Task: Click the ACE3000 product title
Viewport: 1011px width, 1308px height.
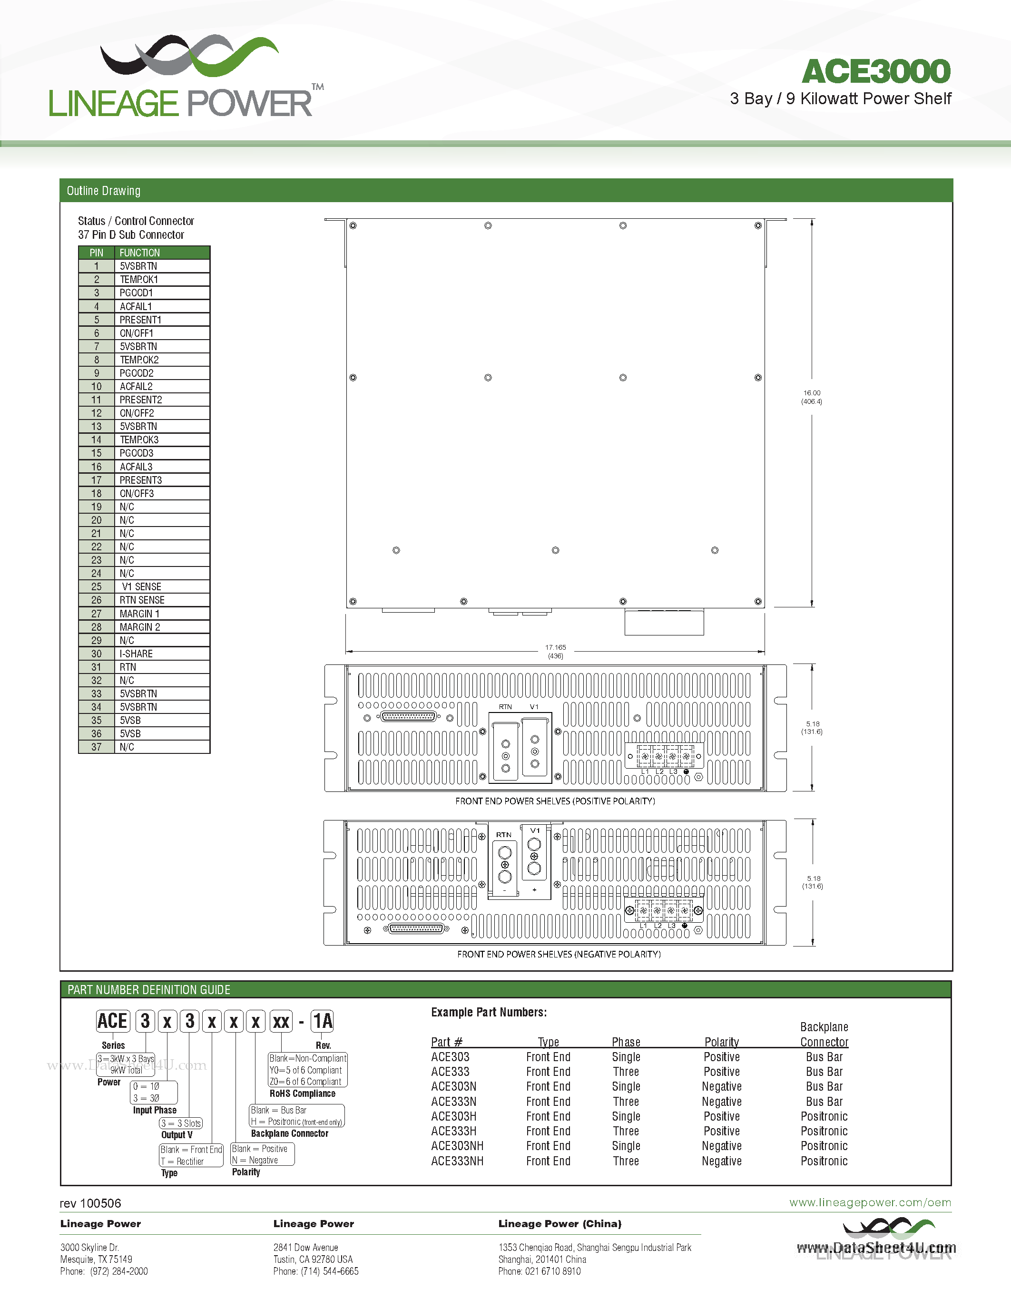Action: [x=875, y=72]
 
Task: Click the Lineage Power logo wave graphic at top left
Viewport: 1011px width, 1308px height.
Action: [x=189, y=56]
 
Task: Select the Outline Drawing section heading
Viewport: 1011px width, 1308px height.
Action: [x=104, y=191]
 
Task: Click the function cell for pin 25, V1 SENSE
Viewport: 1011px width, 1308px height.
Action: [x=141, y=587]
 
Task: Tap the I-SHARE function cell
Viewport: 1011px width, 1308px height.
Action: [x=136, y=654]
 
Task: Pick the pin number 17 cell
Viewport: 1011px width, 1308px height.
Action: [x=97, y=480]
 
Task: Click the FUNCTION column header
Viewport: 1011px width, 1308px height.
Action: [x=139, y=253]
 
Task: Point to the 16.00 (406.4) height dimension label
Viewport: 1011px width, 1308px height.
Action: [x=812, y=397]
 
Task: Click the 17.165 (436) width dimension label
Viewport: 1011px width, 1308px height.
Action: [x=555, y=652]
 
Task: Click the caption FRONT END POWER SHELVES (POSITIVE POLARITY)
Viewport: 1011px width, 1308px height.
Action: [x=555, y=801]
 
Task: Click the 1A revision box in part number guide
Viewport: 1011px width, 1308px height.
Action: [x=322, y=1021]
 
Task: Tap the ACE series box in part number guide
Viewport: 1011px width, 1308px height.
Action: [x=113, y=1021]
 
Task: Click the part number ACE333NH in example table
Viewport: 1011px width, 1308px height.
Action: [x=457, y=1162]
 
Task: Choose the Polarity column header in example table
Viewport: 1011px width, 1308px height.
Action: [x=721, y=1042]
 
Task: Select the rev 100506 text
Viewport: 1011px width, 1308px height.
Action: [x=90, y=1203]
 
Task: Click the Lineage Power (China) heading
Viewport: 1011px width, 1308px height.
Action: [x=559, y=1223]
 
